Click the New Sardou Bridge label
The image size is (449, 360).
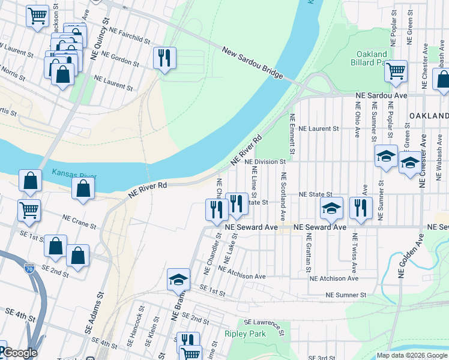point(252,62)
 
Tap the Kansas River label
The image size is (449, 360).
point(73,173)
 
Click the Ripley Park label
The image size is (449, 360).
point(244,334)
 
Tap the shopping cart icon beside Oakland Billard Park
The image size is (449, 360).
point(396,71)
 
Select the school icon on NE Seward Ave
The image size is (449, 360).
point(331,208)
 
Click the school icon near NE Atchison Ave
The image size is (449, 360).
point(178,280)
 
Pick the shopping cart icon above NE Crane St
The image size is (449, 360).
point(29,210)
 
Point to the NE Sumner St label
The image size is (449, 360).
point(346,295)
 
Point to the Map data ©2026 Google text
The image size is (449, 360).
point(412,355)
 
